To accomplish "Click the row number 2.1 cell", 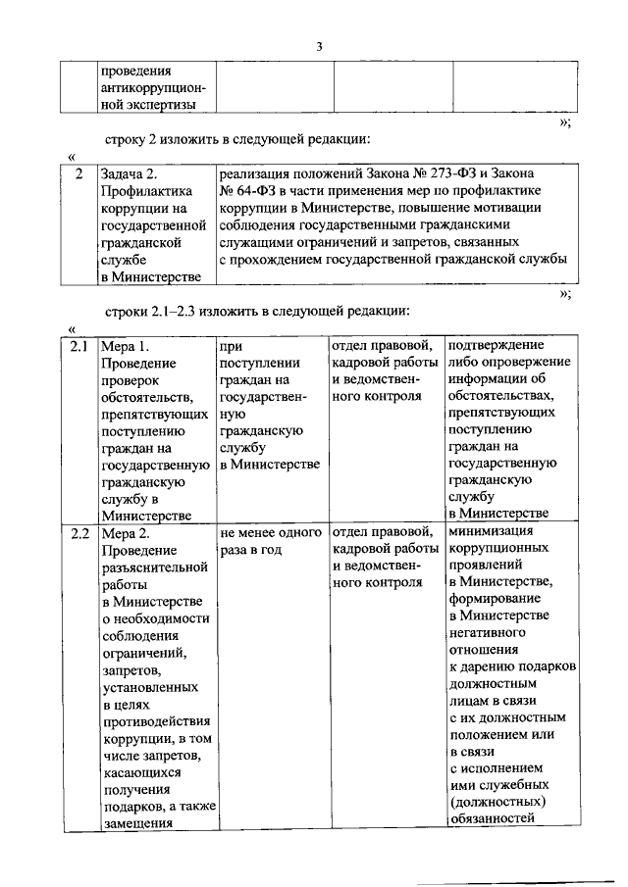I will [79, 346].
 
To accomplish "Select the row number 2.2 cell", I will [79, 534].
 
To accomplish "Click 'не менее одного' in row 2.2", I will [272, 534].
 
